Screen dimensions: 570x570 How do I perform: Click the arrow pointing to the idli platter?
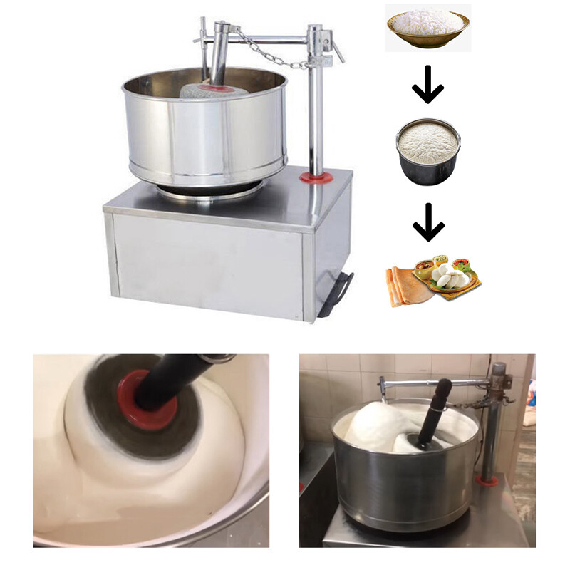(x=427, y=224)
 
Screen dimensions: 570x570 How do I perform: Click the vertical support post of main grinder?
(x=316, y=107)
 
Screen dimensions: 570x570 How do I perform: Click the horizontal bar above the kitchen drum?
(x=435, y=383)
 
